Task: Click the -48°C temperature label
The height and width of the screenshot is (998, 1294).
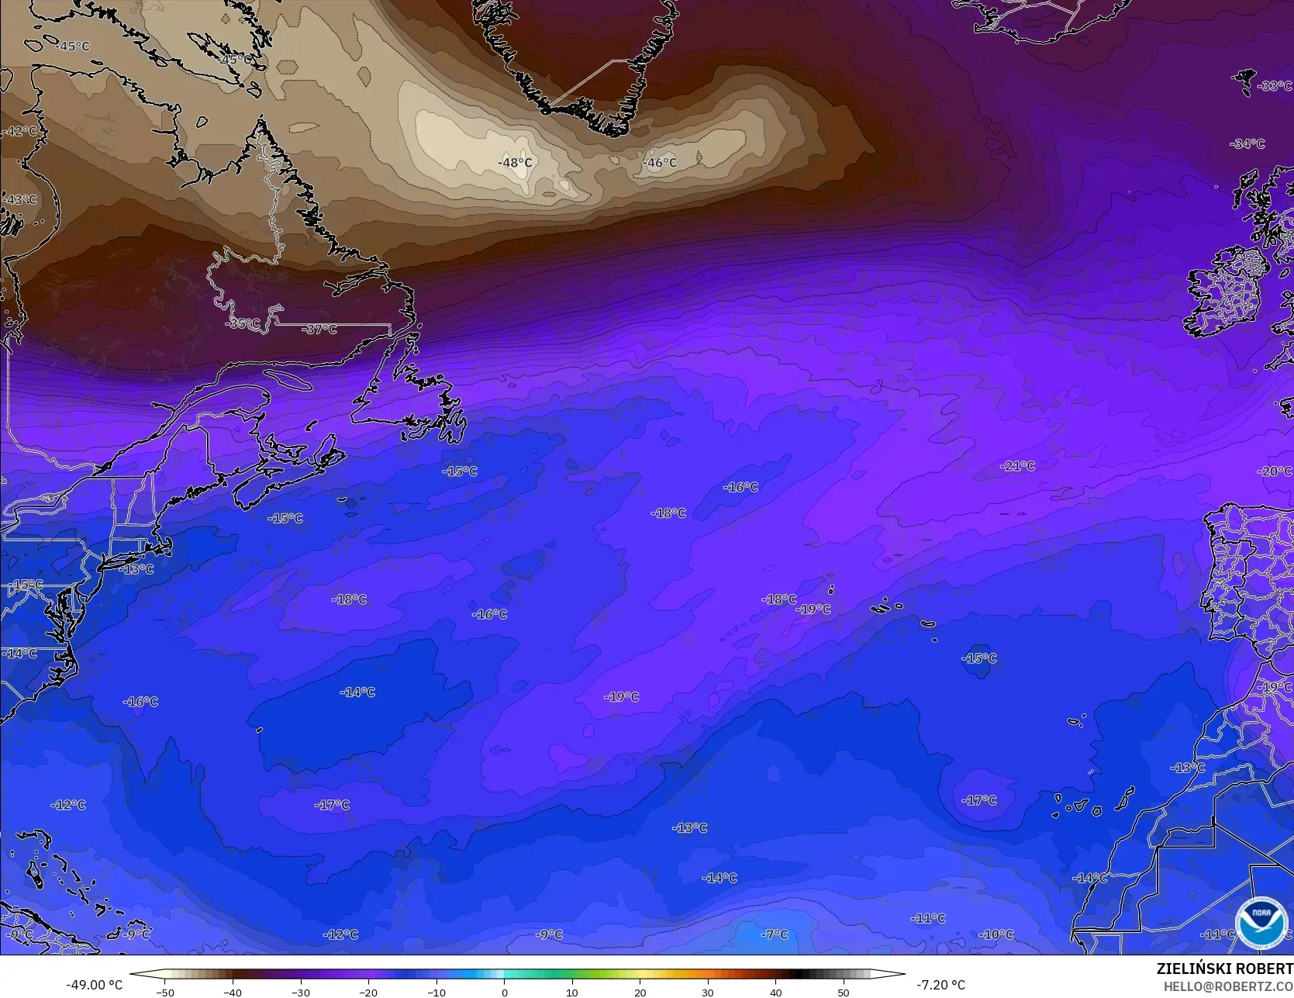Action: click(515, 163)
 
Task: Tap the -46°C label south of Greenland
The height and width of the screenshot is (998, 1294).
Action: click(660, 163)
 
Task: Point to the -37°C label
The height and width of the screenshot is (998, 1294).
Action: click(319, 330)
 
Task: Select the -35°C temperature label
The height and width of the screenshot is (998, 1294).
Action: click(243, 324)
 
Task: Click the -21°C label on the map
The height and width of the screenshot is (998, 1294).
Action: click(1018, 466)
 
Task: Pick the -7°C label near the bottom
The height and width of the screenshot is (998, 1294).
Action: click(775, 934)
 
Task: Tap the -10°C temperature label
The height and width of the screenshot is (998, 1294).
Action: click(996, 934)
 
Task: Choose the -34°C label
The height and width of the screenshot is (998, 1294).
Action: click(1247, 144)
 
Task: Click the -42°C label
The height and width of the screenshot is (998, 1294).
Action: click(19, 132)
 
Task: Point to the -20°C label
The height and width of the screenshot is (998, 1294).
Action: click(1275, 471)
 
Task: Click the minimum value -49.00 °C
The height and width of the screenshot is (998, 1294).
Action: click(94, 985)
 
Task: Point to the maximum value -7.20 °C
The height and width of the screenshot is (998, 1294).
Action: click(940, 985)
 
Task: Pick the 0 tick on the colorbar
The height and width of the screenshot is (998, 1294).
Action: click(504, 992)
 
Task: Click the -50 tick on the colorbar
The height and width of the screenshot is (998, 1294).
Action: click(164, 992)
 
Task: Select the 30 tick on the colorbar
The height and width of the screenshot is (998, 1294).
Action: click(708, 992)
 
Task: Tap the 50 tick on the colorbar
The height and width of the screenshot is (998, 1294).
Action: click(844, 992)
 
